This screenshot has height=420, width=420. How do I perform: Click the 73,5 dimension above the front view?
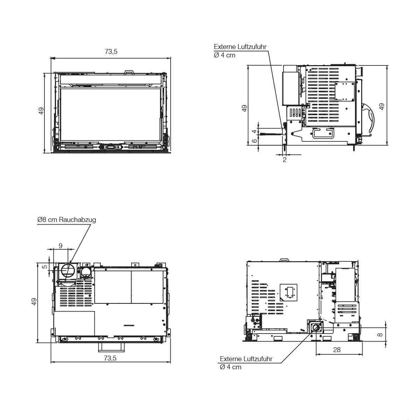tap(111, 52)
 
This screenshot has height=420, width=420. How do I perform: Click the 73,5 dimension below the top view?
tap(110, 358)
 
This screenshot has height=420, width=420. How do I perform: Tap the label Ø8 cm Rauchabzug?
tap(66, 219)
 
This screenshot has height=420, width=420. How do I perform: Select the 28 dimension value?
tap(337, 350)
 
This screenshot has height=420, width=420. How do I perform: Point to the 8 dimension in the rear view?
tap(380, 335)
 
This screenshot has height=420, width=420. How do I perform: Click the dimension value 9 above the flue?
tap(61, 246)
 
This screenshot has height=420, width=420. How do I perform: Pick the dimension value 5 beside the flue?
tap(45, 267)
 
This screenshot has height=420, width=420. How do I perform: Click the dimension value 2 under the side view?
tap(285, 160)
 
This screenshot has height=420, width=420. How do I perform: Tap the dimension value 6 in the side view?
tap(254, 141)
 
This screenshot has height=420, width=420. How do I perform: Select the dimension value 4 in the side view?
tap(254, 132)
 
